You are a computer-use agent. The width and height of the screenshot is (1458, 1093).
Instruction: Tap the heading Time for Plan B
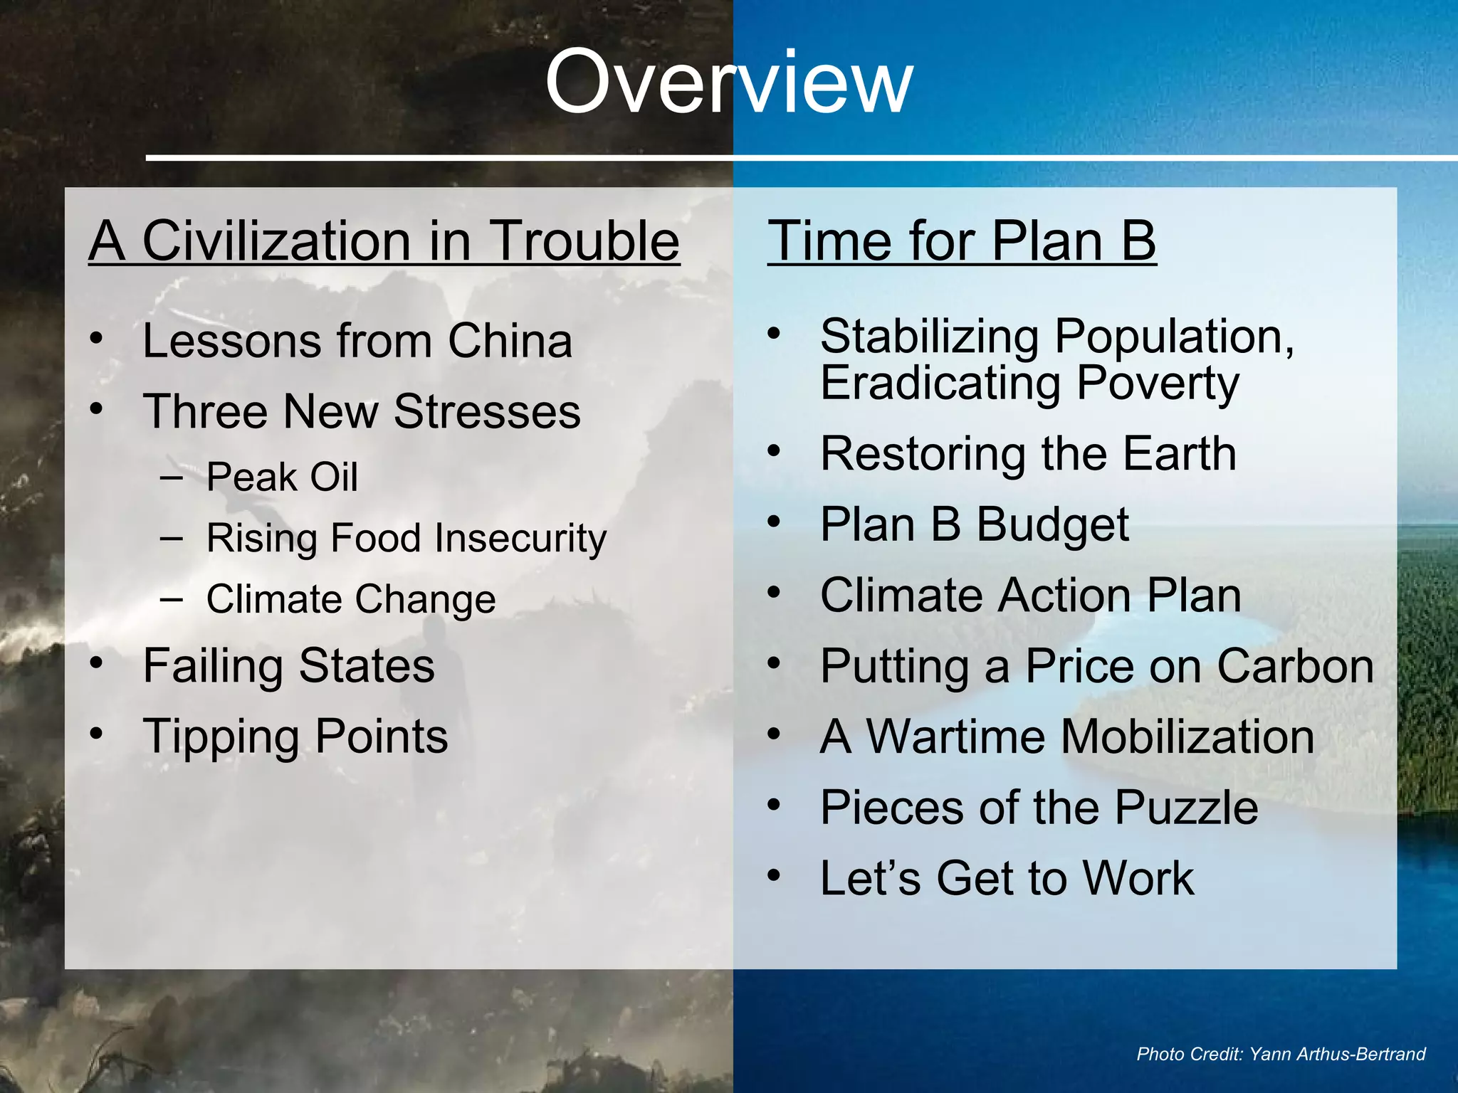[x=961, y=241]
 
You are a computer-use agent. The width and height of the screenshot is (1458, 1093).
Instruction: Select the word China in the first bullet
[x=510, y=341]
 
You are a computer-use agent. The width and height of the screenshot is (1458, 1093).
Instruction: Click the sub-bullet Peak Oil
[x=282, y=477]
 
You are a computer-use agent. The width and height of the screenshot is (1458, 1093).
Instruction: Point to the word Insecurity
[x=520, y=539]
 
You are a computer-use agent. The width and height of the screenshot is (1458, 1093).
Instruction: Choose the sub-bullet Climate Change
[x=351, y=599]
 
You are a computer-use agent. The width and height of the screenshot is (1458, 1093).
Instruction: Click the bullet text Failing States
[x=288, y=666]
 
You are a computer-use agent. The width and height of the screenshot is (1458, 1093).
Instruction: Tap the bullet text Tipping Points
[x=295, y=736]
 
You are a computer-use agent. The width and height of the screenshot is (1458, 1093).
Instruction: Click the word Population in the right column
[x=1173, y=337]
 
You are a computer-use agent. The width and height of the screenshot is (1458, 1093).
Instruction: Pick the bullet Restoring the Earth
[x=1028, y=454]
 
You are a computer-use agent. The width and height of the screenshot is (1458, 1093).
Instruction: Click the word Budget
[x=1052, y=525]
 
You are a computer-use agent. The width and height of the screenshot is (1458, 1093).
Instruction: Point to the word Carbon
[x=1295, y=667]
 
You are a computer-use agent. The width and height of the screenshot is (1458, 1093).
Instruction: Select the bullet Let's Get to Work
[x=1007, y=878]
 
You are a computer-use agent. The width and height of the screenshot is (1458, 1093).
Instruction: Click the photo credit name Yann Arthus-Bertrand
[x=1337, y=1054]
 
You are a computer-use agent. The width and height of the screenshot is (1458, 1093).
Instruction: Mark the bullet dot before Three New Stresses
[x=97, y=409]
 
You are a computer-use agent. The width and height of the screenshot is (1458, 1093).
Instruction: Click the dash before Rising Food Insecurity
[x=172, y=538]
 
